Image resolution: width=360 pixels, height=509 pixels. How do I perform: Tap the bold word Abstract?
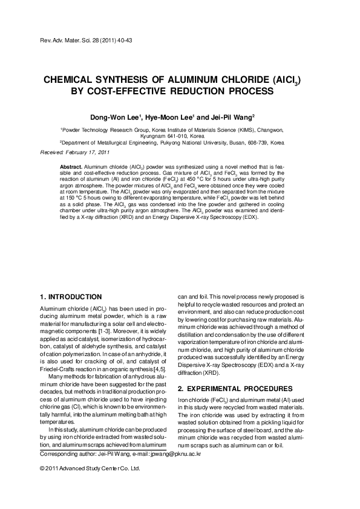pyautogui.click(x=70, y=165)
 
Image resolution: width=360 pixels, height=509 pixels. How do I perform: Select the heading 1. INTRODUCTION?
pyautogui.click(x=70, y=297)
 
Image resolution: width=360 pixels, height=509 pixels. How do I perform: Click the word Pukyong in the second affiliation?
pyautogui.click(x=176, y=144)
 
